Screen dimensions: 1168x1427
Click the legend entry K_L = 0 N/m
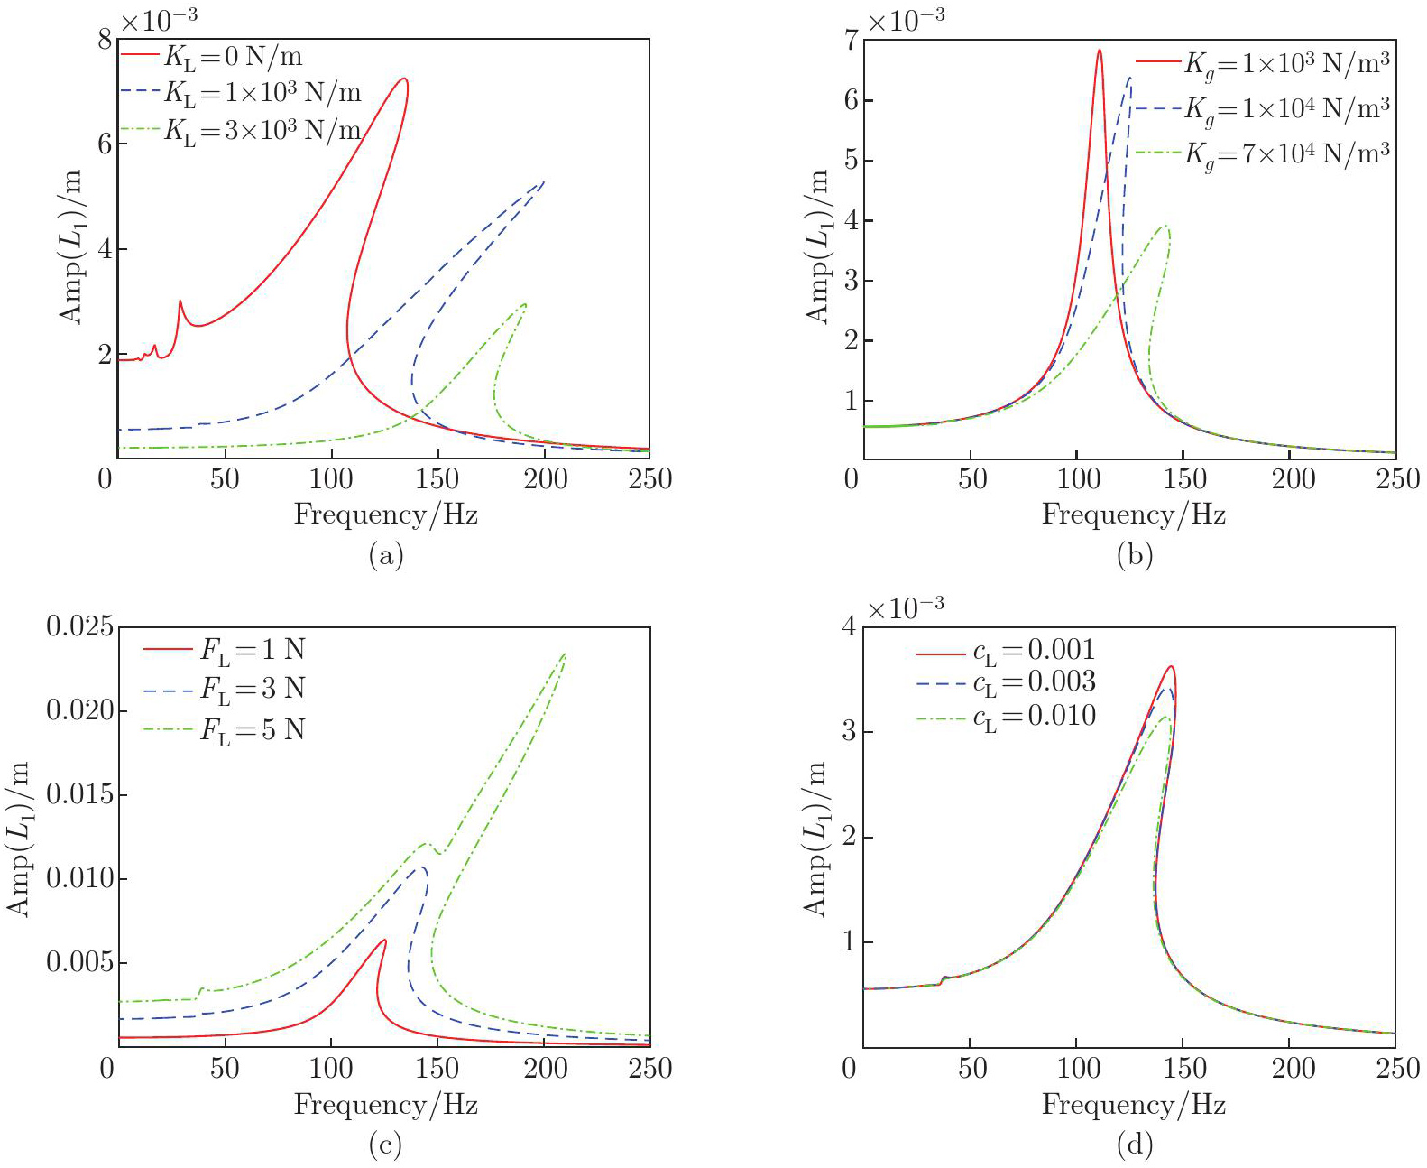tap(233, 57)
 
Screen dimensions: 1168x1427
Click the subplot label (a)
tap(385, 554)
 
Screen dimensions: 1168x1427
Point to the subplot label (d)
tap(1134, 1145)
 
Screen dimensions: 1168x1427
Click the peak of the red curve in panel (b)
tap(1099, 51)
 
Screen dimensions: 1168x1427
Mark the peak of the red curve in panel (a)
tap(404, 79)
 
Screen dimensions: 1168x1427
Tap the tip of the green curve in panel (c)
tap(565, 654)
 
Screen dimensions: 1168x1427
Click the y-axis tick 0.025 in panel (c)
tap(80, 626)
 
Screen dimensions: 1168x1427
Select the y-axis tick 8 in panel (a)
tap(106, 40)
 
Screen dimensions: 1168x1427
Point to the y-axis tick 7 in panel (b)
tap(851, 40)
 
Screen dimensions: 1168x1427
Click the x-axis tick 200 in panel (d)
tap(1293, 1069)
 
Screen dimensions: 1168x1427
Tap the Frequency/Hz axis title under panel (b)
tap(1133, 514)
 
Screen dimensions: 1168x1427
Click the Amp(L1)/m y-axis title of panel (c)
tap(20, 838)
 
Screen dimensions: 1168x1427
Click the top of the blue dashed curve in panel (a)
tap(543, 181)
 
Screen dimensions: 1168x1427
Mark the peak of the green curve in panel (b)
tap(1165, 226)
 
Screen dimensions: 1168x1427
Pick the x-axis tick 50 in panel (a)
tap(225, 478)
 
